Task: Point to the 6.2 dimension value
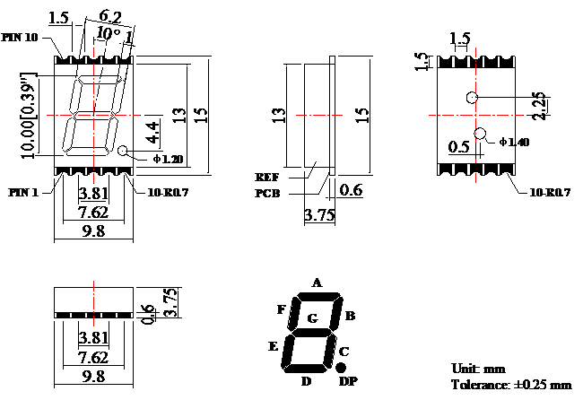111,15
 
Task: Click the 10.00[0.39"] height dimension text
30,114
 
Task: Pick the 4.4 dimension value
153,132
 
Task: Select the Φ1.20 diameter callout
167,159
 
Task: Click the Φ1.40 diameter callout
516,143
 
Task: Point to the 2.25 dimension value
539,106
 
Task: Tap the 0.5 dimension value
459,147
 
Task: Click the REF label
267,177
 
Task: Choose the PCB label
267,192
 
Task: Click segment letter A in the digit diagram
316,282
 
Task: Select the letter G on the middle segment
311,317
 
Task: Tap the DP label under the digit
348,382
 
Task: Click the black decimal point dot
341,368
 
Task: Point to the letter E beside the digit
273,345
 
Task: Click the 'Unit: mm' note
479,369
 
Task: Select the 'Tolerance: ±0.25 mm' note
510,385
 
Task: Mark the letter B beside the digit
350,316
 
